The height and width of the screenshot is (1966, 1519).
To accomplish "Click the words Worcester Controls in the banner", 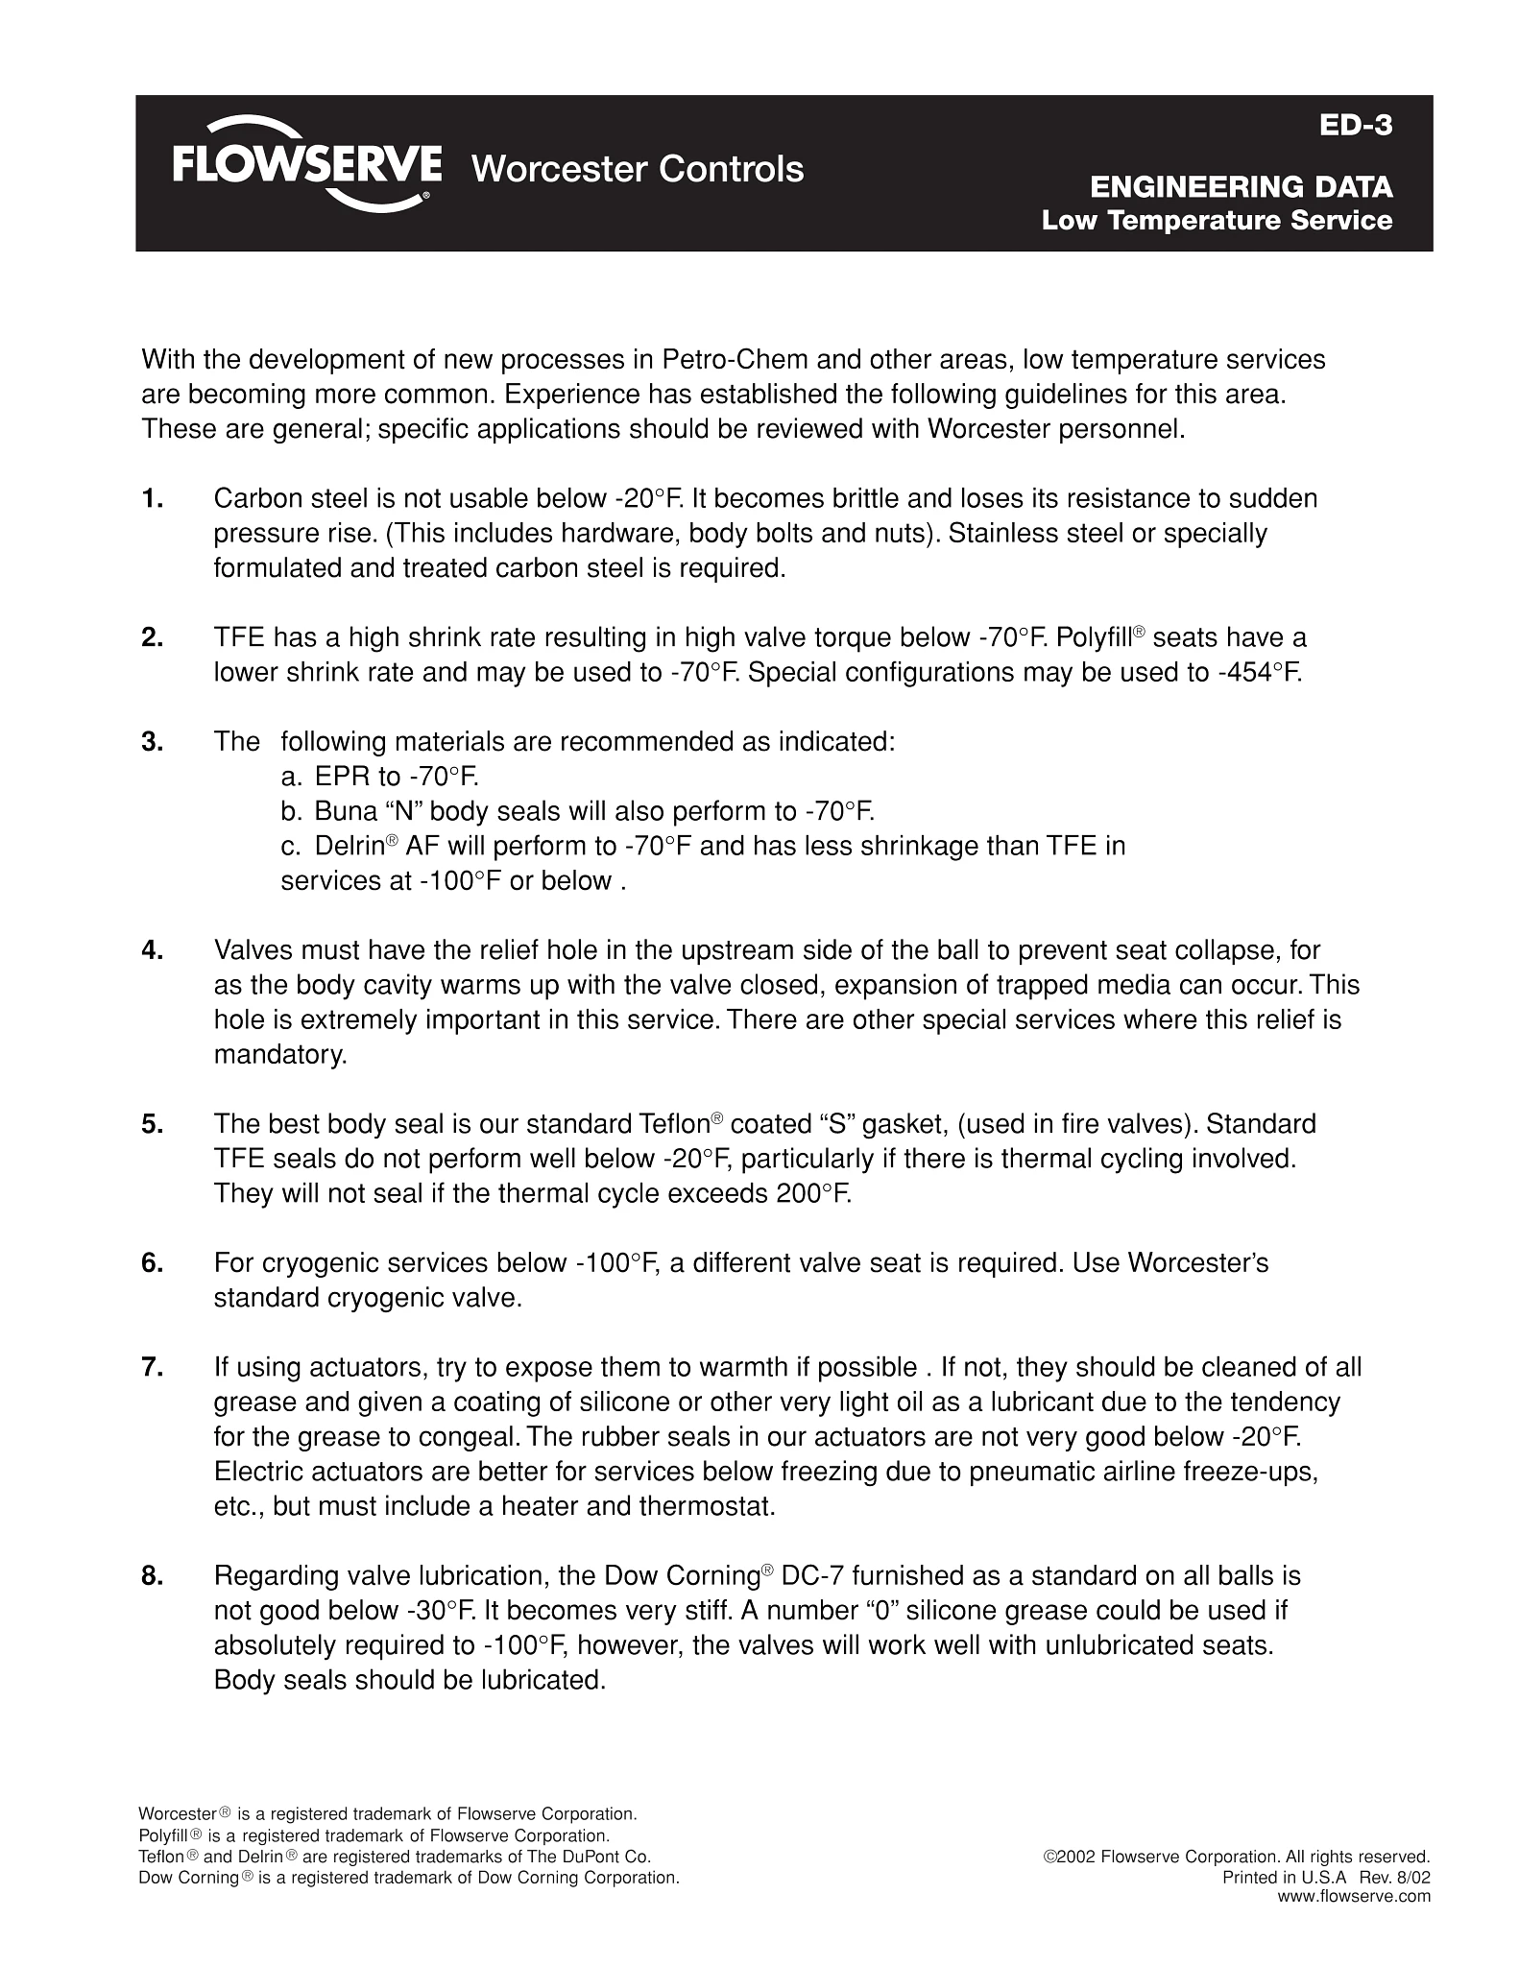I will click(638, 169).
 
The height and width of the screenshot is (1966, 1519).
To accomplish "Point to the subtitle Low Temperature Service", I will click(1217, 221).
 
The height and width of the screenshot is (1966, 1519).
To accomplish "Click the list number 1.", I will click(152, 499).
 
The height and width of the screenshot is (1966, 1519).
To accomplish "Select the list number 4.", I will click(152, 951).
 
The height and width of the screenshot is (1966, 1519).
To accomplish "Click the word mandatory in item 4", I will click(278, 1055).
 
